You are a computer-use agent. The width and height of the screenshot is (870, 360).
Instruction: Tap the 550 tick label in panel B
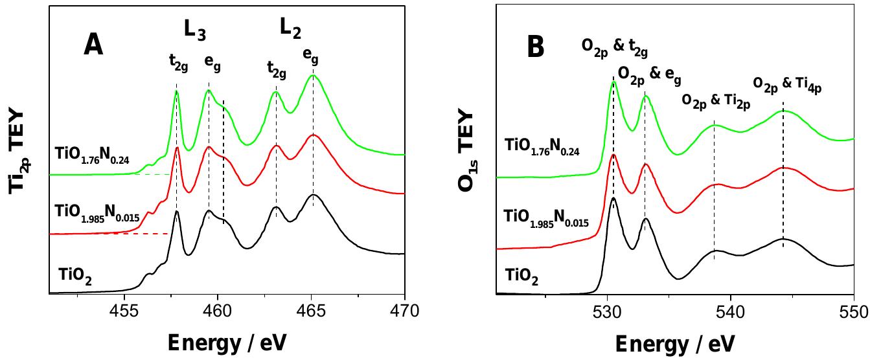853,311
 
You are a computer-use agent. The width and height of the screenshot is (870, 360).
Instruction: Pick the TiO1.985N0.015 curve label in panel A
93,214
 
